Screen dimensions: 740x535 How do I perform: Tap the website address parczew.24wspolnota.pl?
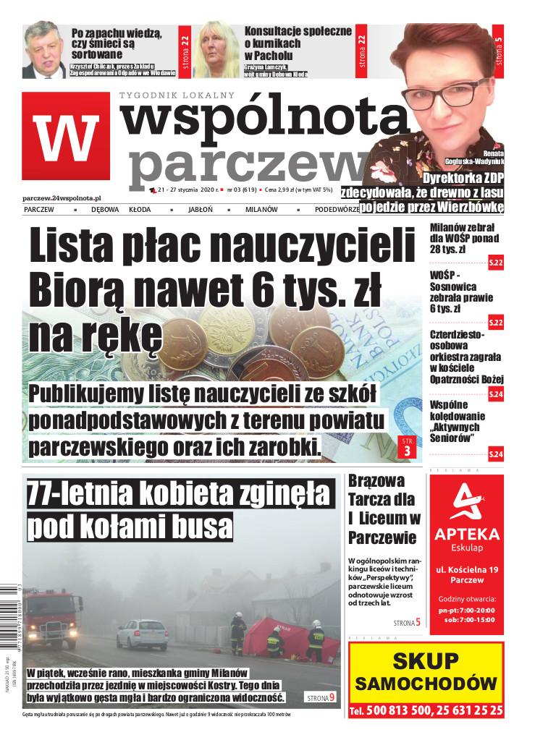(x=62, y=197)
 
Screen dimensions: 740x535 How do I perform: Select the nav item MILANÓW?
(x=261, y=210)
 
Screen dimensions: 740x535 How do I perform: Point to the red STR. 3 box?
(x=405, y=448)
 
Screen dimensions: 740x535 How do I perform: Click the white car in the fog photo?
(x=142, y=634)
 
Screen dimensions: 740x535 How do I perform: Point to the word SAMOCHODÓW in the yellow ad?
(x=426, y=684)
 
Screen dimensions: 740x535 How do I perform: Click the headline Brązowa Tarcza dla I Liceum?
(x=384, y=508)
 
